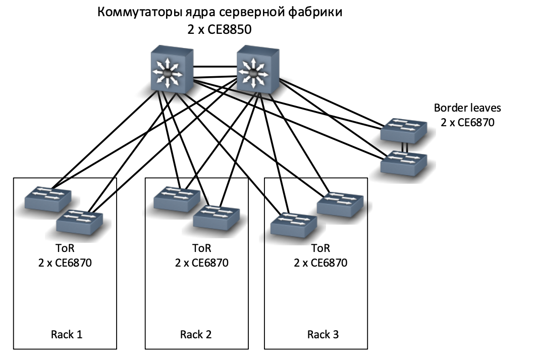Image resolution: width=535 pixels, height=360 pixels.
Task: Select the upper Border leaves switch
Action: coord(404,130)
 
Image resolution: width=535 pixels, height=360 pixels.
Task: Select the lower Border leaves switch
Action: coord(404,163)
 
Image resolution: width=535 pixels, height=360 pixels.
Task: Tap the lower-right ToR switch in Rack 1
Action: coord(80,222)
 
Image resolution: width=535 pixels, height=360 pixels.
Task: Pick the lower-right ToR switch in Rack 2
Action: coord(217,217)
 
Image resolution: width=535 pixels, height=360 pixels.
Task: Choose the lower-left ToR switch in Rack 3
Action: coord(294,225)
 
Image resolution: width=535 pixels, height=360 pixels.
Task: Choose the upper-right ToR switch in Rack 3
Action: coord(340,204)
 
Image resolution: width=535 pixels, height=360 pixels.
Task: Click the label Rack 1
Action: coord(67,334)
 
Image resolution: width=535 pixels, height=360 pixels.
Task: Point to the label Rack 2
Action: coord(196,334)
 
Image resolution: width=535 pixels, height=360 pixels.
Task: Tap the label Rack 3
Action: coord(323,334)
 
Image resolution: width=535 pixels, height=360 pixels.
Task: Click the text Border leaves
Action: coord(467,108)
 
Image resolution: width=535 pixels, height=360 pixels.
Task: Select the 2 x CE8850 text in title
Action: coord(220,29)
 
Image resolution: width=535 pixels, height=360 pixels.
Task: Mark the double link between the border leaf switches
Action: coord(405,147)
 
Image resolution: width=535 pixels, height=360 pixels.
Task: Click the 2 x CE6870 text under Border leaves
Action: coord(467,122)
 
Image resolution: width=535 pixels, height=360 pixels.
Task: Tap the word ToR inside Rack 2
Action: coord(202,248)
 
